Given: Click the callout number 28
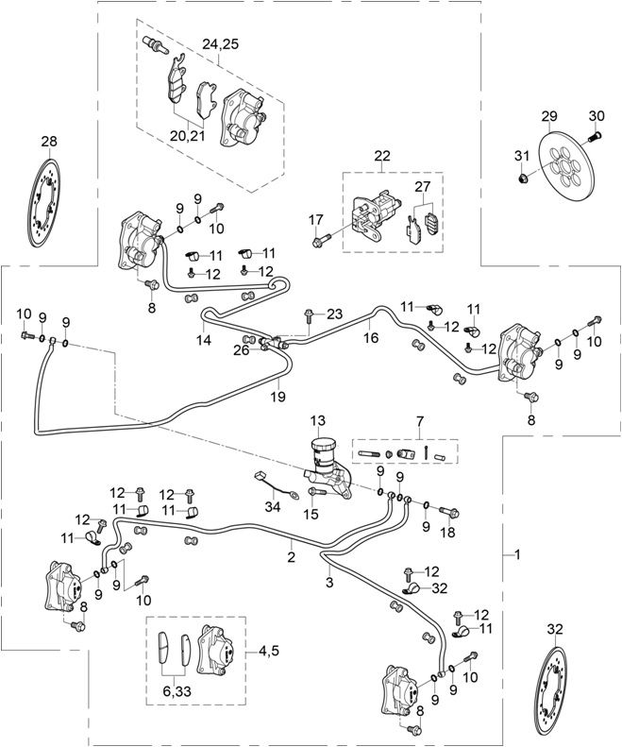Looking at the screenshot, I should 49,142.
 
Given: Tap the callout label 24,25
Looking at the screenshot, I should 220,42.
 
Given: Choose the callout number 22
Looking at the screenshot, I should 381,155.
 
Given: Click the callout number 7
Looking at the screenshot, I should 407,419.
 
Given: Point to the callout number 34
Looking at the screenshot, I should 272,507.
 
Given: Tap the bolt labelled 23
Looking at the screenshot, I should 309,312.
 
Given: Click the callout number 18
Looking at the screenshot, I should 446,533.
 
